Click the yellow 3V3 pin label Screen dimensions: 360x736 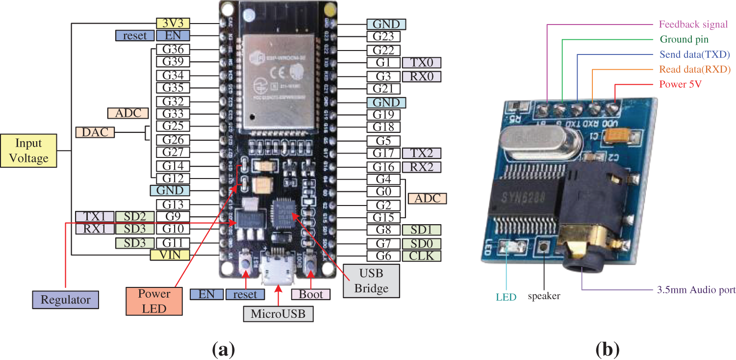(x=173, y=23)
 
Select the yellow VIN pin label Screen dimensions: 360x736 (x=173, y=255)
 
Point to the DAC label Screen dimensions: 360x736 (x=95, y=132)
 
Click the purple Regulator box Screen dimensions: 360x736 (x=65, y=300)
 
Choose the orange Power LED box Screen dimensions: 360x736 (x=154, y=301)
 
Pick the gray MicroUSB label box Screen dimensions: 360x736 (x=278, y=312)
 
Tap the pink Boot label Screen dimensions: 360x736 (x=311, y=294)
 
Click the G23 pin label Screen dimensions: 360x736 (x=383, y=36)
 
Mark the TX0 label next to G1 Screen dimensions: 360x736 (x=421, y=62)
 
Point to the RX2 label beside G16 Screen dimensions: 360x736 (x=421, y=167)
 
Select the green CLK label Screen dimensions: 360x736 (x=421, y=256)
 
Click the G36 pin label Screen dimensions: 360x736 (x=173, y=49)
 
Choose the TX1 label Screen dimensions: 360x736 (x=94, y=216)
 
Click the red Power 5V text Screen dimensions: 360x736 (x=681, y=84)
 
